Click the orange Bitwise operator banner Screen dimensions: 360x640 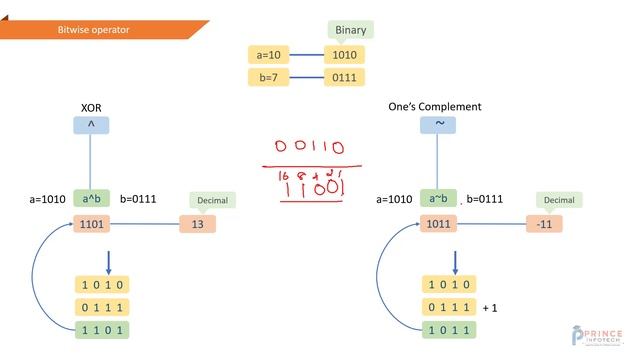pyautogui.click(x=100, y=30)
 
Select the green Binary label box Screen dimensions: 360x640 pyautogui.click(x=350, y=30)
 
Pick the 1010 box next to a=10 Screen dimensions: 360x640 pyautogui.click(x=345, y=54)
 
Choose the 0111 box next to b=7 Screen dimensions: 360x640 pyautogui.click(x=345, y=77)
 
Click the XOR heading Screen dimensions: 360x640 pyautogui.click(x=91, y=106)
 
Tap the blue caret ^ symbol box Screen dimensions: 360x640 pyautogui.click(x=91, y=126)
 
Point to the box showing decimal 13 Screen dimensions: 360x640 pyautogui.click(x=197, y=224)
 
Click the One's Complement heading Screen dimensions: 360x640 pyautogui.click(x=434, y=106)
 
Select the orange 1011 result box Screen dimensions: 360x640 pyautogui.click(x=438, y=224)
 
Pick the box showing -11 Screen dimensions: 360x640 pyautogui.click(x=544, y=224)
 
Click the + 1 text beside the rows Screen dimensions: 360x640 pyautogui.click(x=489, y=308)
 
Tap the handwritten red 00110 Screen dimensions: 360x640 pyautogui.click(x=310, y=148)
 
